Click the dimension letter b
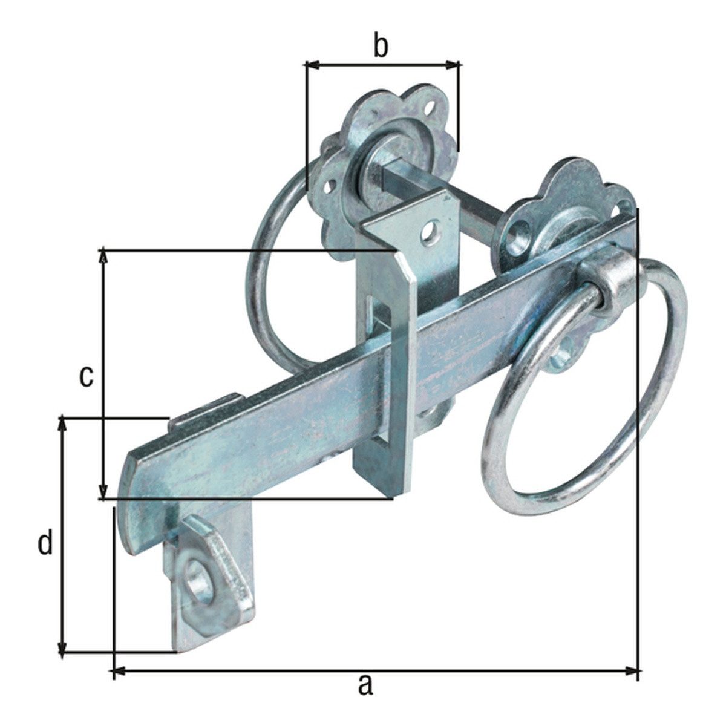[381, 47]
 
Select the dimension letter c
[87, 377]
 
